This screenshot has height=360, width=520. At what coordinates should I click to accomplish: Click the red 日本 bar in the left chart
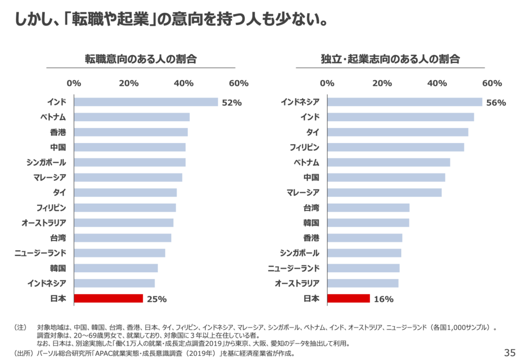(x=108, y=298)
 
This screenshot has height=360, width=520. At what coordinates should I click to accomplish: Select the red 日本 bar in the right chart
(x=348, y=298)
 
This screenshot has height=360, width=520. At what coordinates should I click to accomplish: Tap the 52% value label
(x=232, y=103)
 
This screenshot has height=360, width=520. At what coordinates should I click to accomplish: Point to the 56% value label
(x=496, y=103)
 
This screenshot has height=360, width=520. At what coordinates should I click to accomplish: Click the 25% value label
(x=156, y=299)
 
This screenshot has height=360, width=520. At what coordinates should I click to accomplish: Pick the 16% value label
(x=383, y=299)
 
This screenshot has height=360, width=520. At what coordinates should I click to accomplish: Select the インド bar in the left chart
(x=146, y=102)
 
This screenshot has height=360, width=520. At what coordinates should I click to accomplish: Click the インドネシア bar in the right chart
(x=405, y=102)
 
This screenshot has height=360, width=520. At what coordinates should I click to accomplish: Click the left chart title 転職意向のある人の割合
(x=141, y=59)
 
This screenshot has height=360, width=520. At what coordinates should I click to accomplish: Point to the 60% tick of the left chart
(x=238, y=83)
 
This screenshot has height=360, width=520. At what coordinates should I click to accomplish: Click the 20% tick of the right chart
(x=382, y=83)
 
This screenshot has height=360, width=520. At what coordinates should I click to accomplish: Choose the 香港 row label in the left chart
(x=58, y=132)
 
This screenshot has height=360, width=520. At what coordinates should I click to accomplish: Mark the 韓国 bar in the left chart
(x=116, y=268)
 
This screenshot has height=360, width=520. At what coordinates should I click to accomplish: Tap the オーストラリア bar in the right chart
(x=363, y=283)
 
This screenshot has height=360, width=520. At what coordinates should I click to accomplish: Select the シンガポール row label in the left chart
(x=46, y=162)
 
